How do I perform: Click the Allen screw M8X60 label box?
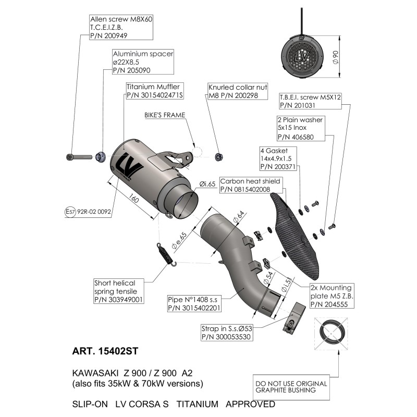coord(121,27)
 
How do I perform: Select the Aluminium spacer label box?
coord(143,62)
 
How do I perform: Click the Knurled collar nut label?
coord(238,91)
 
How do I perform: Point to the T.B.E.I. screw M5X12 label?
coord(310,101)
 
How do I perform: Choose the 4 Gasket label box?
coord(278,158)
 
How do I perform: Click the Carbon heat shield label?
coord(251,185)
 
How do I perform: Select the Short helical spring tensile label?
coord(119,291)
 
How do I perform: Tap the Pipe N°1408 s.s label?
coord(194,303)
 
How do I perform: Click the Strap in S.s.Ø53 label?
coord(227,333)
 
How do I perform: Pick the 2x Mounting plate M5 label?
coord(332,296)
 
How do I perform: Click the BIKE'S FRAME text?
coord(165,115)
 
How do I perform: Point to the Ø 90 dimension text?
coord(336,57)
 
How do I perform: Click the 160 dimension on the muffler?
coord(134,198)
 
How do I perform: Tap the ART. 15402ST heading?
coord(105,351)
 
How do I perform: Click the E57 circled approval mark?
coord(70,212)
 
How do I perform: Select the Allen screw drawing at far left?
coord(79,157)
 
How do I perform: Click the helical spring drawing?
coord(166,254)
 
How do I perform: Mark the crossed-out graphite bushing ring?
coord(331,333)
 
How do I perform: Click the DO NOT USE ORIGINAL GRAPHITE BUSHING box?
coord(291,387)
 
